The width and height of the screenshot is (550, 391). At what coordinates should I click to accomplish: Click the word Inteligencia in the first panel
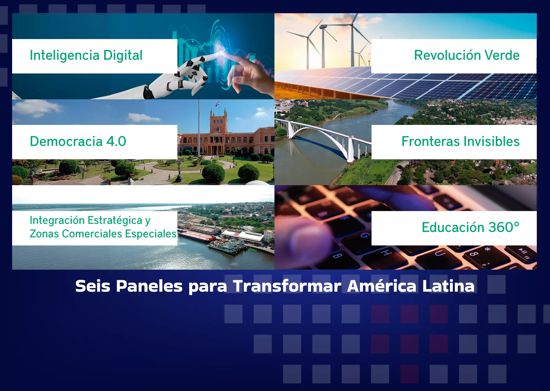tap(65, 55)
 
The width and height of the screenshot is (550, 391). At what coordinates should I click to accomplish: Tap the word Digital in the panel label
tap(123, 55)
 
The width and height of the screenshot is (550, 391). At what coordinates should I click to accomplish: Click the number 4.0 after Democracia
tap(116, 141)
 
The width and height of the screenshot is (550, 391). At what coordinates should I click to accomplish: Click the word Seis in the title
tap(93, 286)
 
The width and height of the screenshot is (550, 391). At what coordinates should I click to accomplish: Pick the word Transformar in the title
tap(287, 286)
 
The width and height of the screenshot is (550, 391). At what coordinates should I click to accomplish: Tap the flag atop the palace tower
tap(217, 104)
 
